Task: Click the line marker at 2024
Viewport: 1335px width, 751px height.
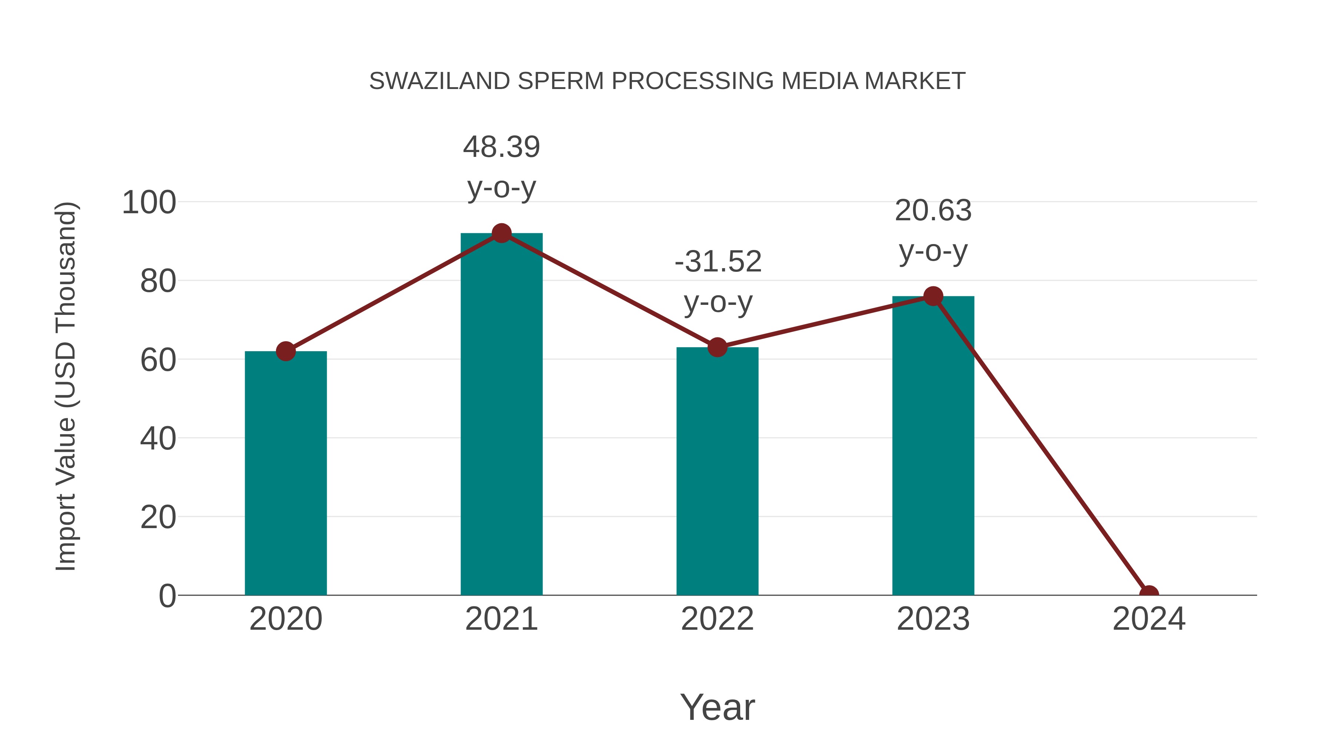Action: (x=1148, y=594)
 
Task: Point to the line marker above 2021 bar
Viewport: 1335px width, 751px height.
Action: (x=501, y=233)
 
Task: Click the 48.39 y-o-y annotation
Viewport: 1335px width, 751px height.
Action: (x=501, y=167)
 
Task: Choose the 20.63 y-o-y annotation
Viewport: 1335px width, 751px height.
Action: (x=933, y=231)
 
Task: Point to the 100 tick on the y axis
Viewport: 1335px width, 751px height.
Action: (x=149, y=202)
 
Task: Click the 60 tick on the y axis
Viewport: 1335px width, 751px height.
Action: (x=158, y=360)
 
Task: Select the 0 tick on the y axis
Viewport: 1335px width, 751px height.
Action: (x=167, y=596)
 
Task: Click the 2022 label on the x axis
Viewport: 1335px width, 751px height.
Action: (x=717, y=619)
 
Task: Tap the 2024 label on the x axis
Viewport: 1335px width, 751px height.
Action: (x=1148, y=619)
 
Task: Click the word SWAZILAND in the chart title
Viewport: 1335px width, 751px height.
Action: (x=439, y=81)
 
